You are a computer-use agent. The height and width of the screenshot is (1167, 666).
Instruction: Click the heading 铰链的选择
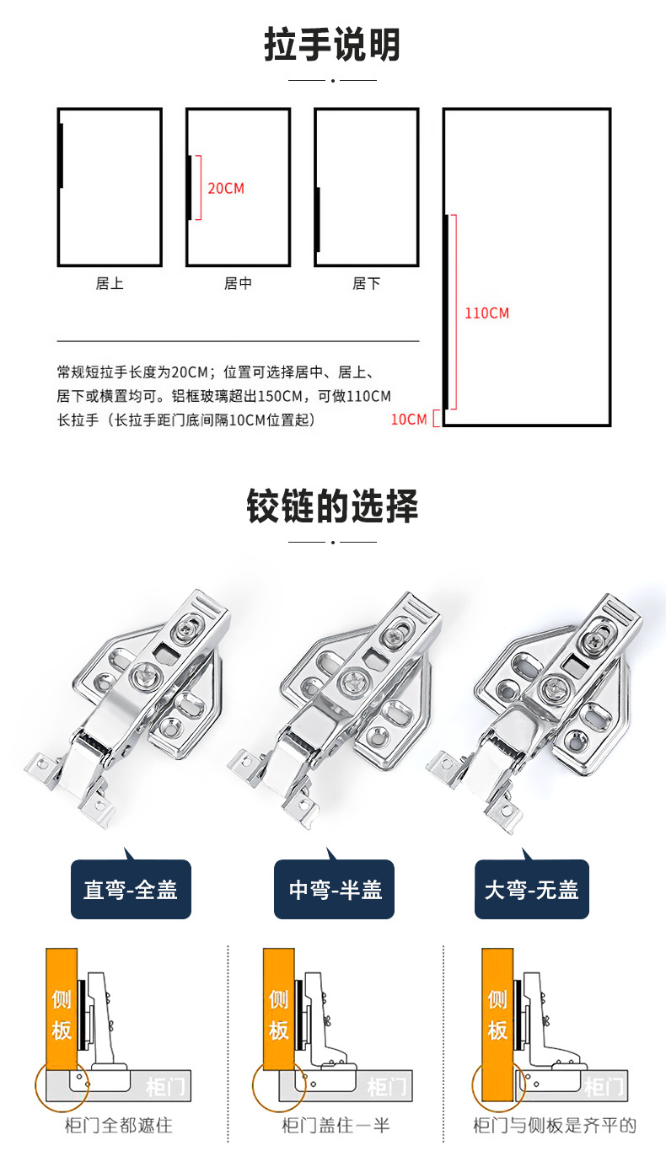coord(332,506)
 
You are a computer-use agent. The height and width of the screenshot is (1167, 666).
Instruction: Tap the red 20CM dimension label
coord(226,188)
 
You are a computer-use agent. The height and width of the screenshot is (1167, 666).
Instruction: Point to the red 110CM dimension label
coord(487,313)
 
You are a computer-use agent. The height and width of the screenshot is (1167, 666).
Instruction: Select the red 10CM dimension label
coord(409,419)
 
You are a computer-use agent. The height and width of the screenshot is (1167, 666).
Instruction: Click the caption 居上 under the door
coord(110,284)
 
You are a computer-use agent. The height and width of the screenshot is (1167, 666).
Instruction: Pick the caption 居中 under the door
coord(238,284)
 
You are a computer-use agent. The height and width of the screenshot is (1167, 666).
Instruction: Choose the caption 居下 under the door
coord(366,284)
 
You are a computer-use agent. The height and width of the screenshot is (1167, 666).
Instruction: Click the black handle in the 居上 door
coord(61,156)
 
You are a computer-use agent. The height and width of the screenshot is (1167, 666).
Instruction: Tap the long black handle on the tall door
coord(446,312)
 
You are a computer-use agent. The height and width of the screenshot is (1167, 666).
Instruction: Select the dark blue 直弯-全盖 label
coord(131,890)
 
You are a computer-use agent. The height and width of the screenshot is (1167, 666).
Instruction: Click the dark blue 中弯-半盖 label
coord(335,890)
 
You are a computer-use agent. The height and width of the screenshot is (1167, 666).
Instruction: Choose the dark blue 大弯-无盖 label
coord(532,890)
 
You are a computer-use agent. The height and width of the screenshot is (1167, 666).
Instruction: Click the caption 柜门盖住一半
coord(336,1126)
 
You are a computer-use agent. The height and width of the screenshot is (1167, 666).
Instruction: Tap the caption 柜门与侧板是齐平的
coord(555,1126)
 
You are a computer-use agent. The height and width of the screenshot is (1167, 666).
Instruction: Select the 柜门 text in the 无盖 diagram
coord(604,1087)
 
